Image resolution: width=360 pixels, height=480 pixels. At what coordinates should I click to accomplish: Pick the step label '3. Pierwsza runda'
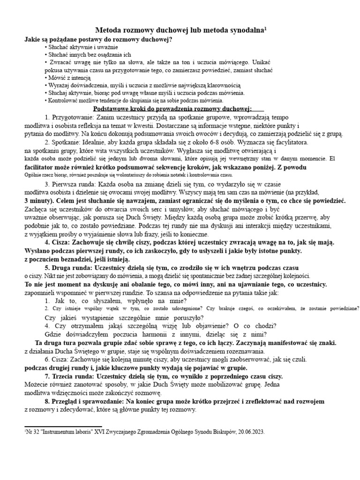[x=73, y=184]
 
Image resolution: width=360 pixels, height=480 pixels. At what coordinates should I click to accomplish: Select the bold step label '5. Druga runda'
[x=70, y=267]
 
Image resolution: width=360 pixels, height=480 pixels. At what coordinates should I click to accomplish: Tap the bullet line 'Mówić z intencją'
[x=67, y=77]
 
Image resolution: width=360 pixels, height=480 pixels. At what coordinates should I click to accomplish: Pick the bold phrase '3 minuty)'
[x=41, y=201]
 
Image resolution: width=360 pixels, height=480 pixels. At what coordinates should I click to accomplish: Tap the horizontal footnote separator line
[x=63, y=427]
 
